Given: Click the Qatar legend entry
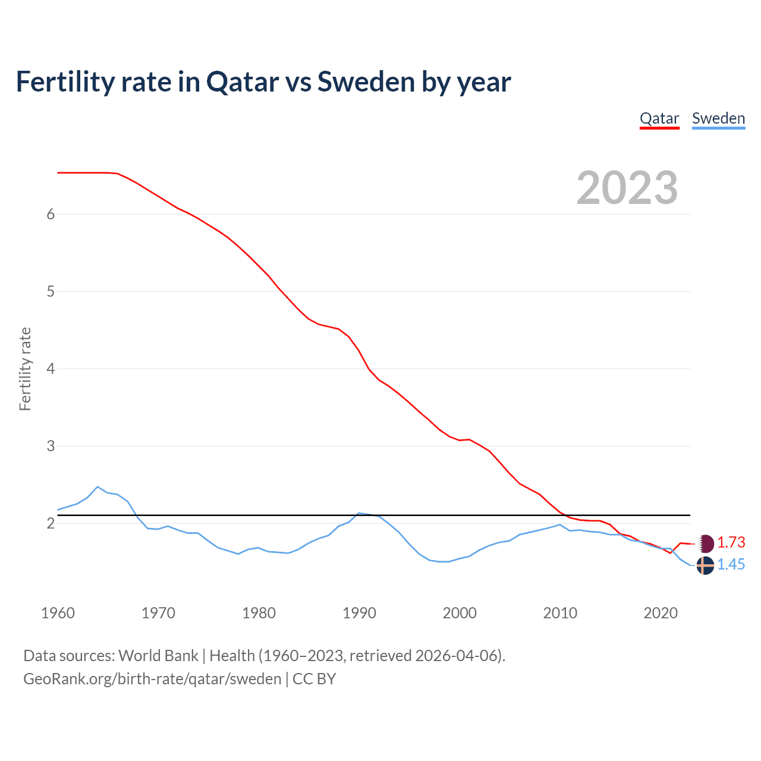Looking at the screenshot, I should point(659,118).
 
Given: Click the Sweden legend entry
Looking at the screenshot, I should point(718,118).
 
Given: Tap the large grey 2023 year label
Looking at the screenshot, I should point(627,188).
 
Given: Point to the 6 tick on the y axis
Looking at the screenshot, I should point(51,214).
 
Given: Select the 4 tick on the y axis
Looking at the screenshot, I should point(51,369).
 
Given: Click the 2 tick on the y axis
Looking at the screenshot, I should point(51,523).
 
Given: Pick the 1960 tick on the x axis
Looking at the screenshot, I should point(58,613).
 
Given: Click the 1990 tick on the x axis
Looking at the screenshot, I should point(359,613).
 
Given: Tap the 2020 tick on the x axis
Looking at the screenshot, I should point(661,613).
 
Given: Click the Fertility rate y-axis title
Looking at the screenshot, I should point(25,369).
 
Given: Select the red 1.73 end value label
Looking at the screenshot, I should point(731,542).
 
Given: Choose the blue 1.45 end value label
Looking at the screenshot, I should point(731,564).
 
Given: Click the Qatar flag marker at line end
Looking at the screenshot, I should point(706,543).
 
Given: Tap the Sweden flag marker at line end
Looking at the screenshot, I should point(705,565).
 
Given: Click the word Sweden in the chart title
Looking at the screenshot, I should point(366,81).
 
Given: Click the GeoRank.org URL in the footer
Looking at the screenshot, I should point(152,678).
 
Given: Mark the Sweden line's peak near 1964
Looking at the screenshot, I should point(98,486).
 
